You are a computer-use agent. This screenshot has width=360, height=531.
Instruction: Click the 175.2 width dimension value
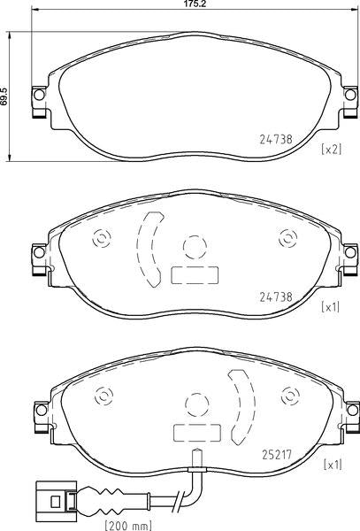[x=195, y=4]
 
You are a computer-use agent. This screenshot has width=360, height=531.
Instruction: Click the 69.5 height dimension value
[x=4, y=96]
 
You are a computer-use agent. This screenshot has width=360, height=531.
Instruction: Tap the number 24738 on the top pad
[x=276, y=140]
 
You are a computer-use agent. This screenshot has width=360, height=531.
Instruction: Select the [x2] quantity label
[x=332, y=149]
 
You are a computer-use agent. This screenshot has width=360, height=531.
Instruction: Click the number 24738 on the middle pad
[x=276, y=297]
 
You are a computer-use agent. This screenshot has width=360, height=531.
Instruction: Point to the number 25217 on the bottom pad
[x=277, y=455]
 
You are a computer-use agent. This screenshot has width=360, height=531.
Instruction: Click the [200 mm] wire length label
[x=128, y=526]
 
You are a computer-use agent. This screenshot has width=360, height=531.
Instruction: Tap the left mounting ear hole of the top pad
[x=39, y=95]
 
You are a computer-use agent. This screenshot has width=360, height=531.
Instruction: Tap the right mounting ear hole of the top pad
[x=350, y=95]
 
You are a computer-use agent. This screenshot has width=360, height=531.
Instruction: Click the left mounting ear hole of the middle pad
[x=39, y=252]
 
